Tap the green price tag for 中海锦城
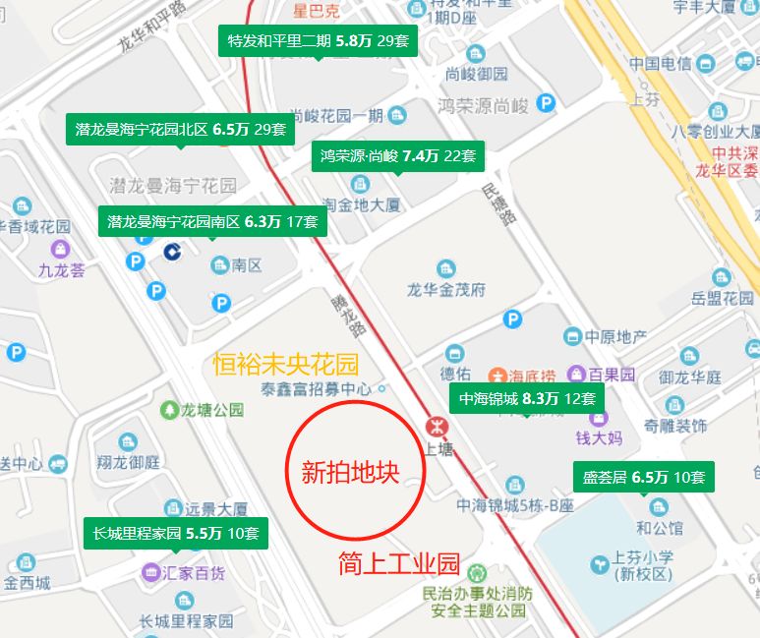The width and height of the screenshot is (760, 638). click(x=526, y=398)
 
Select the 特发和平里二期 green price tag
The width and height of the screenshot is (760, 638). click(x=318, y=41)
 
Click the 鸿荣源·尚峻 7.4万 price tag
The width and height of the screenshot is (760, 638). click(x=397, y=155)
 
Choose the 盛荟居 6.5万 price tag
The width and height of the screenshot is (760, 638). click(x=643, y=478)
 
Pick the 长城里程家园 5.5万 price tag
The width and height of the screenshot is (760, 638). click(x=175, y=534)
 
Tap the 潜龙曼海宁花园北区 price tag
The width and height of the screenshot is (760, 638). click(x=180, y=129)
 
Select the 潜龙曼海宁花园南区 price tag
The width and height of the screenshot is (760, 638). click(x=212, y=222)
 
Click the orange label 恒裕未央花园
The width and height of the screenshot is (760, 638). click(x=286, y=365)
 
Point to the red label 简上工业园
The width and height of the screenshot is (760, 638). click(x=399, y=564)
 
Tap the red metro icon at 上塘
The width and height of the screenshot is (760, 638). click(x=434, y=427)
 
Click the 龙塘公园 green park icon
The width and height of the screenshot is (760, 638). click(x=170, y=409)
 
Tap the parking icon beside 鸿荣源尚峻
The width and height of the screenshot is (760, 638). click(x=546, y=102)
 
